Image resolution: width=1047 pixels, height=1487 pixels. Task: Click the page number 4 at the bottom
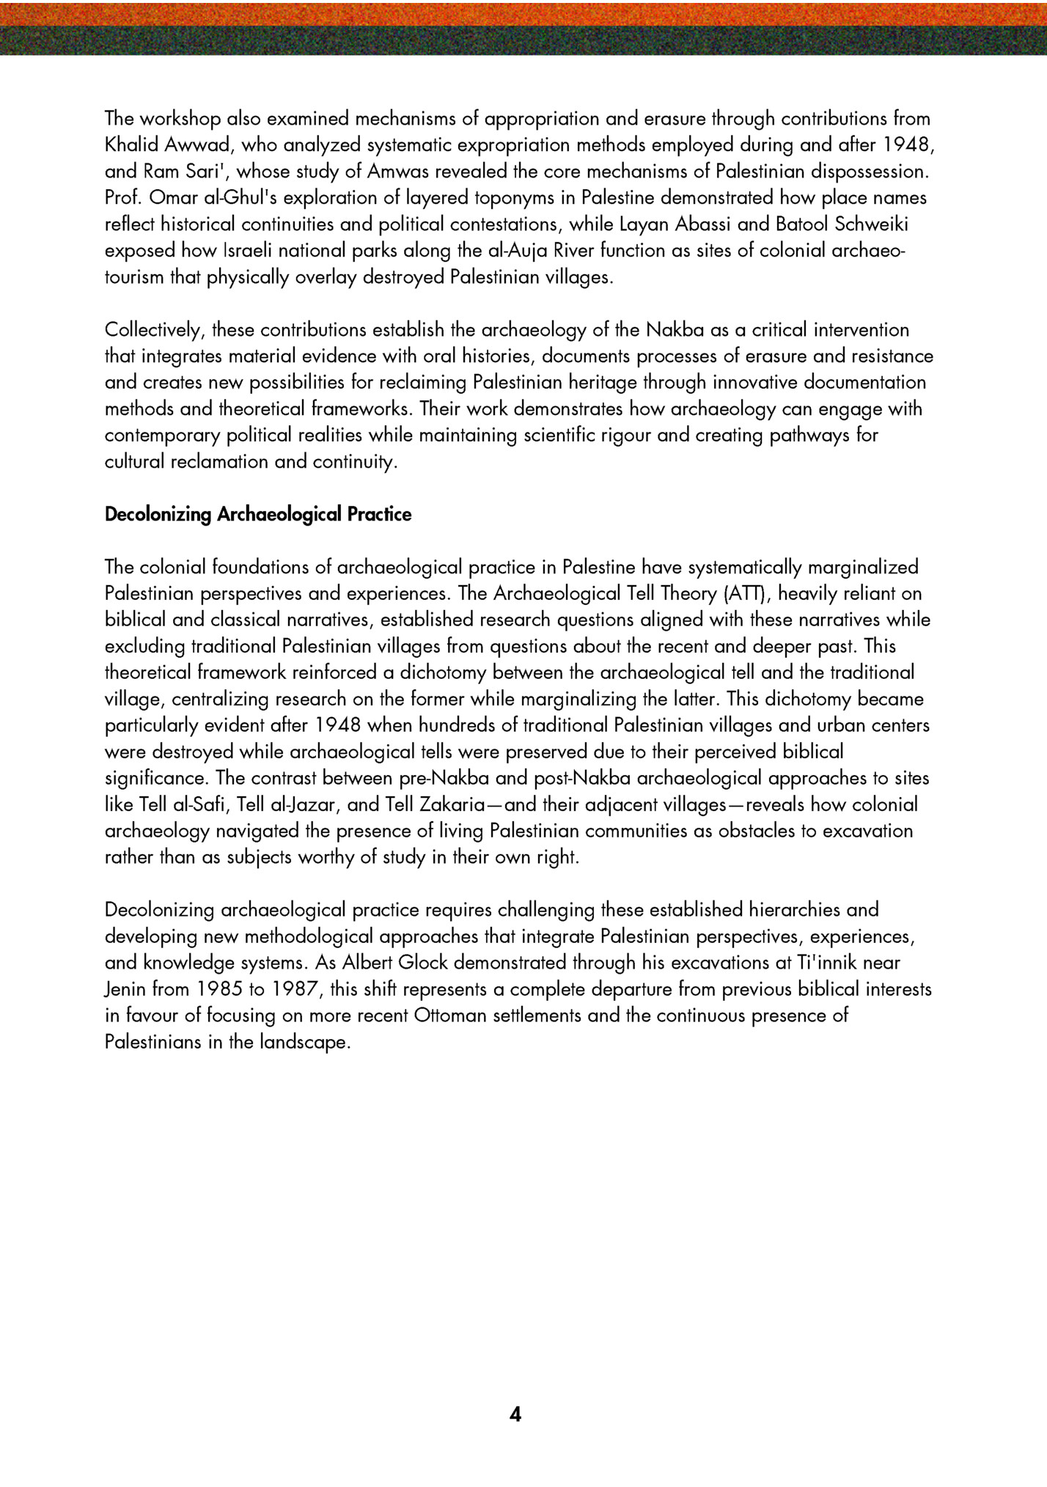(515, 1414)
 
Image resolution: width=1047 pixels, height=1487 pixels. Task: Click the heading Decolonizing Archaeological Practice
(258, 515)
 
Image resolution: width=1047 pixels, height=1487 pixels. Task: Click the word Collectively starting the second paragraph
(152, 330)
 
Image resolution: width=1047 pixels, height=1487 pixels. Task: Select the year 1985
(220, 989)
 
